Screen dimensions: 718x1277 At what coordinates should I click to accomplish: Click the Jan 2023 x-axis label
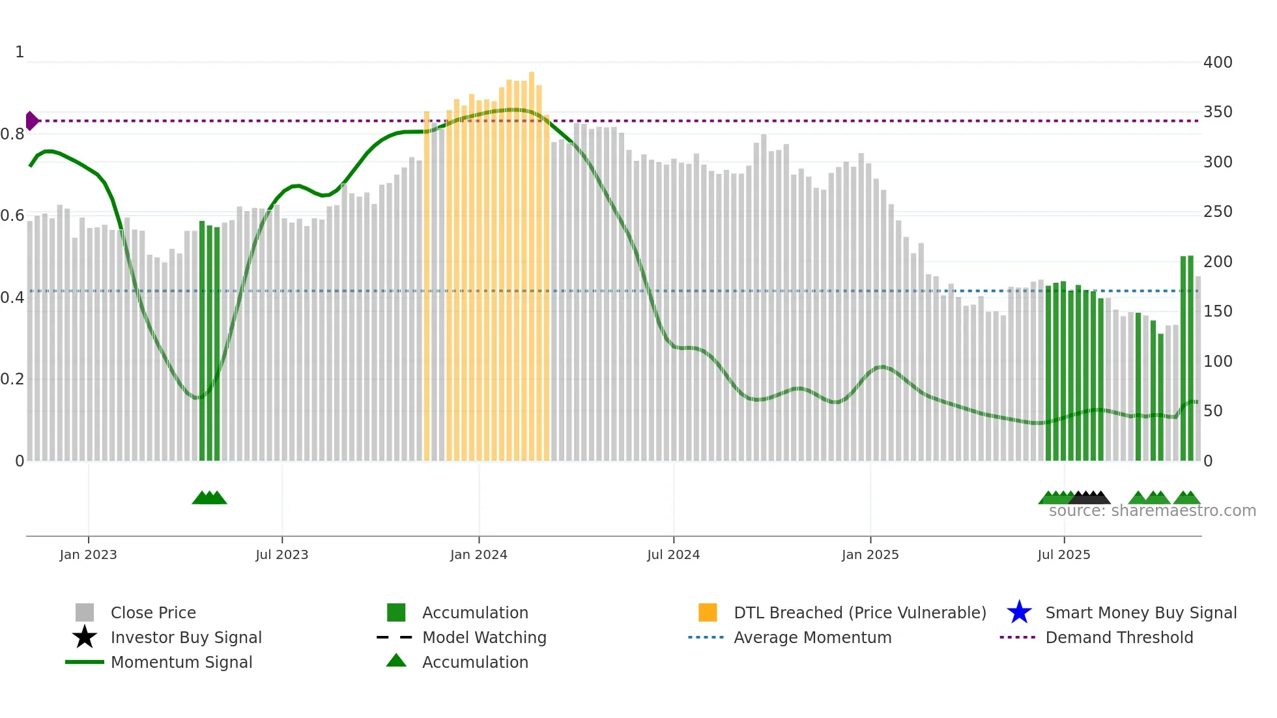click(x=88, y=554)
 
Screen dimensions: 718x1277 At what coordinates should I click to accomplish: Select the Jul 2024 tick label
click(x=673, y=554)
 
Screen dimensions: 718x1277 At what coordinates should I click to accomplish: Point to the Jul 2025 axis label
click(x=1063, y=554)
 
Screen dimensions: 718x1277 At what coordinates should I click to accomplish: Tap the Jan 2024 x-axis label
click(x=478, y=554)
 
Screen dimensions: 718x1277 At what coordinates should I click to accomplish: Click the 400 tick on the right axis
click(x=1218, y=63)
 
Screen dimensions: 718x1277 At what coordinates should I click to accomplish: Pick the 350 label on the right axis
click(x=1218, y=112)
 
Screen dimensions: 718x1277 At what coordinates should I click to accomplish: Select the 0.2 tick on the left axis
click(x=12, y=379)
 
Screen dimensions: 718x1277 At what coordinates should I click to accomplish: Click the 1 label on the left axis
click(x=20, y=52)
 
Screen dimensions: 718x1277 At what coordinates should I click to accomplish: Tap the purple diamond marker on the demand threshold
click(x=31, y=121)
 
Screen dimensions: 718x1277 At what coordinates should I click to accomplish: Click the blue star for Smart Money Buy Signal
click(x=1019, y=612)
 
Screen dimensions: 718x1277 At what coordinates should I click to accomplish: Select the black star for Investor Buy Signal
click(x=85, y=637)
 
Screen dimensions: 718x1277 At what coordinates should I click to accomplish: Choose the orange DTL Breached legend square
click(x=708, y=612)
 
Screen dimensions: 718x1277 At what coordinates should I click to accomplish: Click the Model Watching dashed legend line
click(x=395, y=637)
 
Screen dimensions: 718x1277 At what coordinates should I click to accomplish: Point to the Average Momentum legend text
click(x=812, y=637)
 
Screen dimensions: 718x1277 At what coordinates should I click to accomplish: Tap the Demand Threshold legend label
click(x=1119, y=637)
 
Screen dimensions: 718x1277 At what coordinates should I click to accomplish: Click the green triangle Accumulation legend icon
click(x=396, y=661)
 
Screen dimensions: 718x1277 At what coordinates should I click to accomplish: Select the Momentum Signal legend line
click(x=85, y=662)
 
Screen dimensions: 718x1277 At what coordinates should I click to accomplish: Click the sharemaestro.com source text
click(x=1152, y=511)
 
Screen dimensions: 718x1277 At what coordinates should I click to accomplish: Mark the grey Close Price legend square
click(x=85, y=612)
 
